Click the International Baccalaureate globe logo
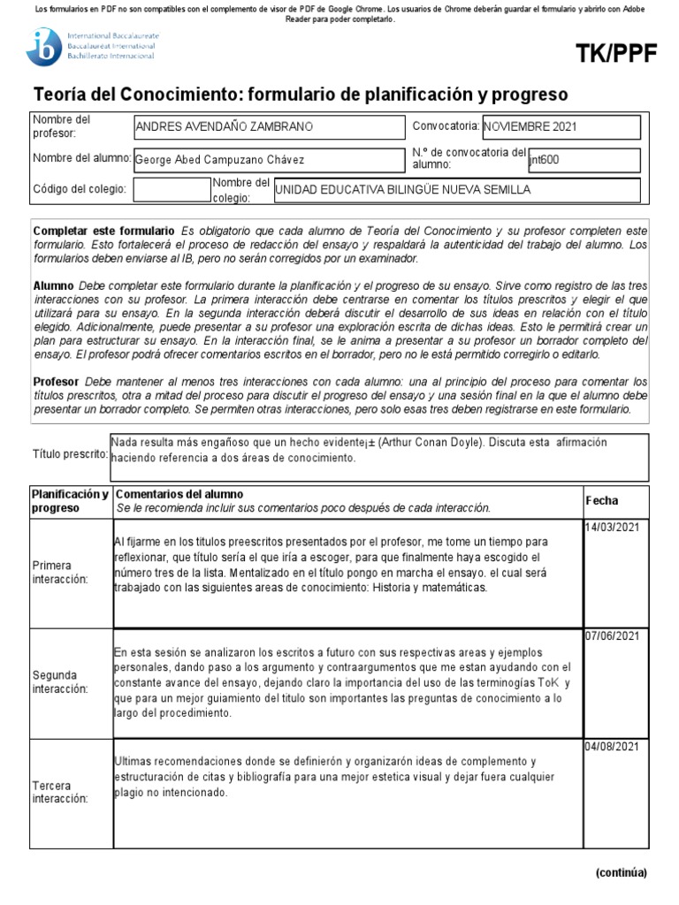coord(43,47)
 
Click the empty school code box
coord(171,190)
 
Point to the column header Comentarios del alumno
coord(179,494)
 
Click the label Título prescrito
coord(70,454)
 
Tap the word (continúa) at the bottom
coord(621,872)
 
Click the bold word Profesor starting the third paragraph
coord(55,379)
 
